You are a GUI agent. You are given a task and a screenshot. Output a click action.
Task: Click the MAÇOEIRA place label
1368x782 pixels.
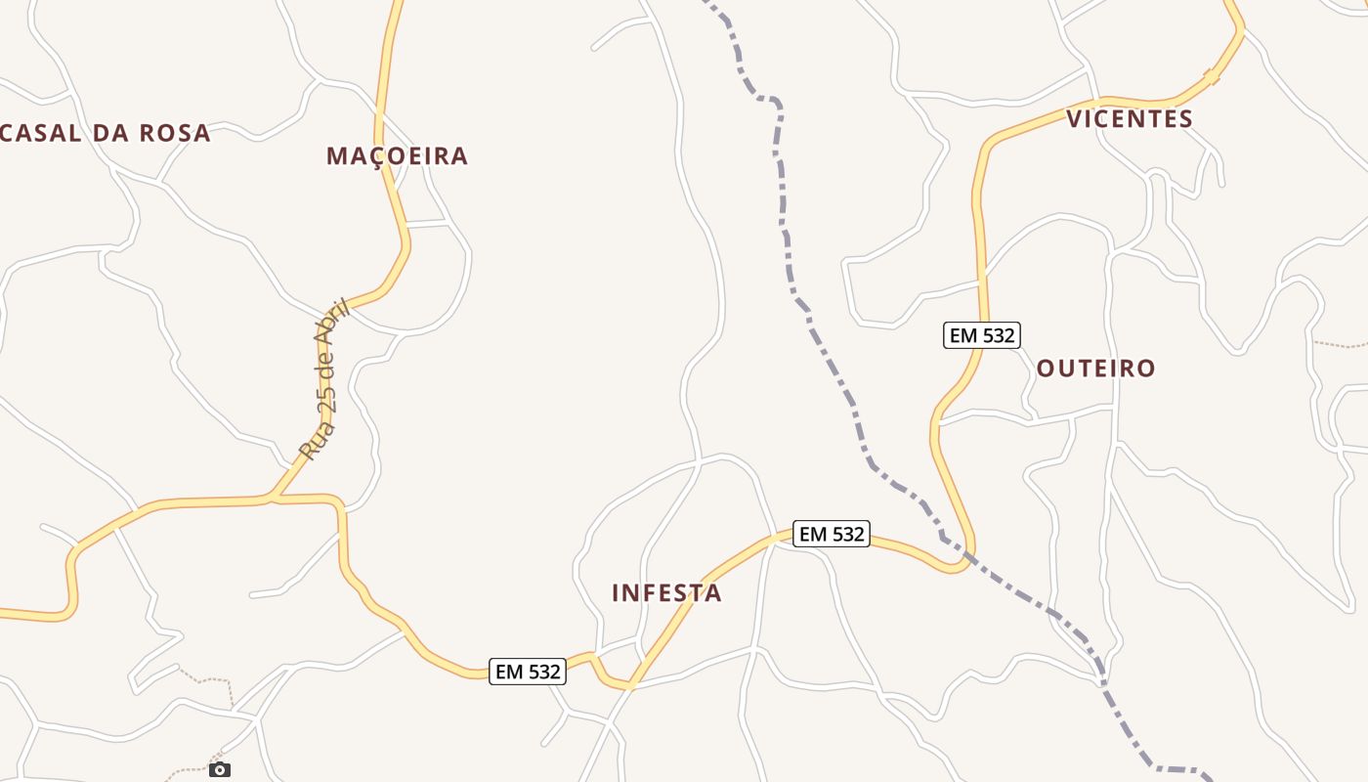[397, 156]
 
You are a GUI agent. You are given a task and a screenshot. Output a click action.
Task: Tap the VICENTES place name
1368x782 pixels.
[1130, 119]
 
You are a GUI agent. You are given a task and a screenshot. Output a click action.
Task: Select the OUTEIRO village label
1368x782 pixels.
[1095, 369]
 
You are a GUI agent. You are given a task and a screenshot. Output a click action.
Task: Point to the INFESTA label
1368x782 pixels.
[666, 593]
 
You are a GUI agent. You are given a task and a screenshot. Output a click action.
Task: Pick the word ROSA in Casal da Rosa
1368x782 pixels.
[174, 134]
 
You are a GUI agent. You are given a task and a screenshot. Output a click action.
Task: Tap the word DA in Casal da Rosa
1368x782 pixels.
[108, 134]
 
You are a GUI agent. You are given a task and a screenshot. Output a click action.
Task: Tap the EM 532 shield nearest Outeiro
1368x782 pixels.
[982, 335]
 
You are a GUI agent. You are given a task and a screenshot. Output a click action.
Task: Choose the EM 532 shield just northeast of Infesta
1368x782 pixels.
[831, 534]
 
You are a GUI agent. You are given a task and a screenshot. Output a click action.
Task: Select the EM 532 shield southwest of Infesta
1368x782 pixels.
[528, 672]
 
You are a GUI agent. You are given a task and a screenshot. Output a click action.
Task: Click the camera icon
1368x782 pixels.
[220, 769]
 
